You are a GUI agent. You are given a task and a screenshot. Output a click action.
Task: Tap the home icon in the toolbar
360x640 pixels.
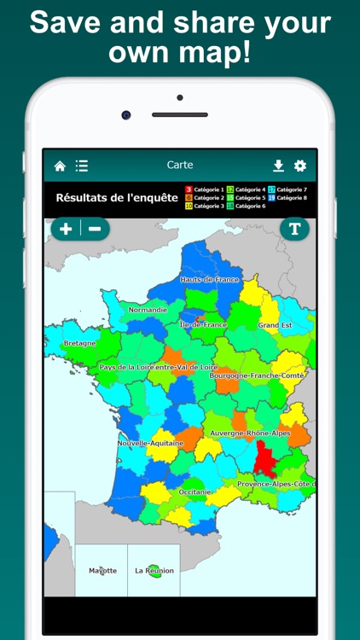click(x=60, y=166)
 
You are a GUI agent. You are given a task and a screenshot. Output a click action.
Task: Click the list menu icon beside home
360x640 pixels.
click(x=82, y=166)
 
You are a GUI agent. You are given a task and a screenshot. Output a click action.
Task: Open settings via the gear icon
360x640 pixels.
click(x=300, y=166)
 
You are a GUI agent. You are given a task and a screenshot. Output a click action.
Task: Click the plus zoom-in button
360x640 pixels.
click(x=66, y=229)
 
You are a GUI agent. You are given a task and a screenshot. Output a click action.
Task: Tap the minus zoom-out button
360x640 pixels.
click(x=95, y=229)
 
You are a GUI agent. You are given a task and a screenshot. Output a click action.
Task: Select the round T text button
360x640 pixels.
click(x=294, y=229)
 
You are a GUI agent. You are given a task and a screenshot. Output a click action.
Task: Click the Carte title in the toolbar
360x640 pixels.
click(x=180, y=166)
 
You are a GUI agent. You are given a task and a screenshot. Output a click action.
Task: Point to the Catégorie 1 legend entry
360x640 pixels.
click(x=205, y=189)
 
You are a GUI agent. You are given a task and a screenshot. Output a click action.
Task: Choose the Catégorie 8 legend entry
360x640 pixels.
click(x=287, y=198)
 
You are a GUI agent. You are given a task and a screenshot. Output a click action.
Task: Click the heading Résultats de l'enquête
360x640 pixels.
click(x=117, y=198)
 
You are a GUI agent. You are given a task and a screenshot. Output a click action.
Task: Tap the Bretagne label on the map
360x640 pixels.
click(x=80, y=344)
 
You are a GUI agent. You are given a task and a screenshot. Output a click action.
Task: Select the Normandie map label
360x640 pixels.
click(x=148, y=311)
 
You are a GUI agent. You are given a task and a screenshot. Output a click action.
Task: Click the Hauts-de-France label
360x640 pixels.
click(x=210, y=280)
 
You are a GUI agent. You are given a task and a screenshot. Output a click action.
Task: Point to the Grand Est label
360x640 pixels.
click(x=276, y=326)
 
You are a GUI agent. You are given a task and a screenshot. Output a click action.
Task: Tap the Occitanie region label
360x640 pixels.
click(x=195, y=492)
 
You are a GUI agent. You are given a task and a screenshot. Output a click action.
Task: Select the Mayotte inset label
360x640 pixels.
click(x=102, y=571)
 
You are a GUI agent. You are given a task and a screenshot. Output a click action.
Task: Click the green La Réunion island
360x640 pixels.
click(x=155, y=573)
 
